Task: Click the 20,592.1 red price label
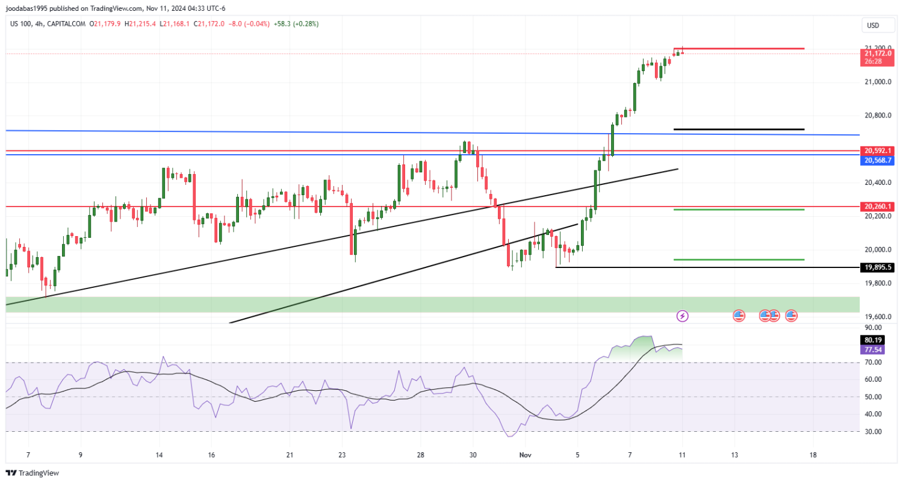click(877, 151)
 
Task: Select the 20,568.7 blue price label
click(877, 160)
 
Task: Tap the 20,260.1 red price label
click(877, 207)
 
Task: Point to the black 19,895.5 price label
click(877, 267)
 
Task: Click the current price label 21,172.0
click(877, 54)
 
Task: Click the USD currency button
click(872, 25)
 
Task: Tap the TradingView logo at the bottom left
click(34, 473)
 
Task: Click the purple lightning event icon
click(683, 315)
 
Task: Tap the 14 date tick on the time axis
click(159, 455)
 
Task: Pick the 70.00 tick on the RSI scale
click(874, 363)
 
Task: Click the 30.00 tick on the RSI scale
click(874, 432)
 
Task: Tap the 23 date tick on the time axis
click(342, 455)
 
